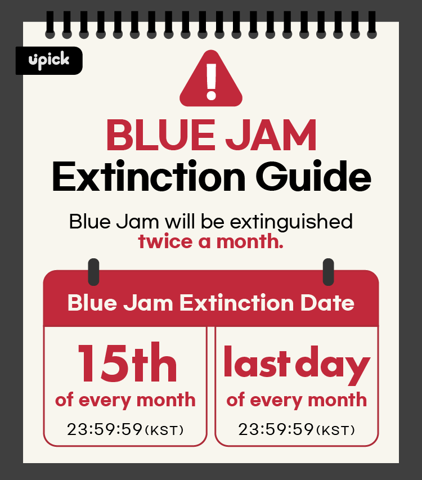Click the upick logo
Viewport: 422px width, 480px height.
(x=49, y=60)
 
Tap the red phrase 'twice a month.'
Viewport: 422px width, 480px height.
(x=211, y=241)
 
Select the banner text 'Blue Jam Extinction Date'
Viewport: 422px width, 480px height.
(x=211, y=303)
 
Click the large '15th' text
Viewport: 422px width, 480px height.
(x=127, y=364)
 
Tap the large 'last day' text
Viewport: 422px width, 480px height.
(x=297, y=365)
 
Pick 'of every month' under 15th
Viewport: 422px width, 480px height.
(x=125, y=400)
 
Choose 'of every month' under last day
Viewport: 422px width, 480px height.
(x=297, y=400)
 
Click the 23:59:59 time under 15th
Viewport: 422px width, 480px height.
(x=105, y=430)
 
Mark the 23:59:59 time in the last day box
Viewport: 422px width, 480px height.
(x=276, y=430)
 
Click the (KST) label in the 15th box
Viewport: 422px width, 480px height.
(x=164, y=431)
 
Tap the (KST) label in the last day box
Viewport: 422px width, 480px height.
(x=336, y=431)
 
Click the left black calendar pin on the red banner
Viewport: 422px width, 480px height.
(x=94, y=272)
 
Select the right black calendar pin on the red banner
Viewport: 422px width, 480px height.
(x=328, y=272)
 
